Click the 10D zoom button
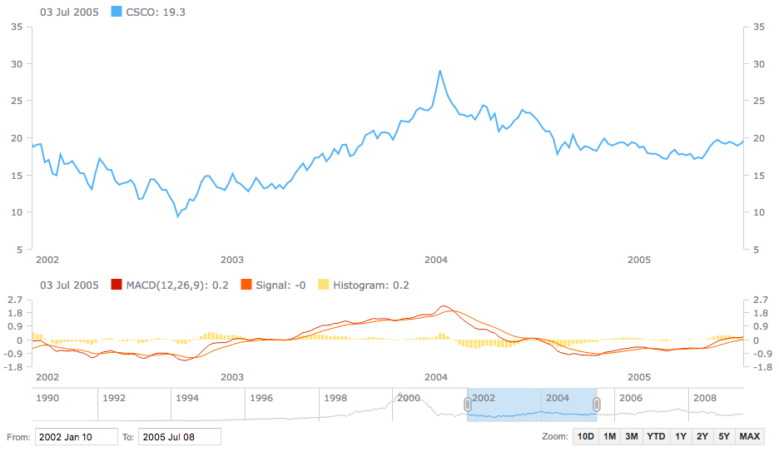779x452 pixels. [586, 437]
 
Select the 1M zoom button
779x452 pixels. [610, 437]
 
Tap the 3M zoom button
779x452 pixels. [632, 437]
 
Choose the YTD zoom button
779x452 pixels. [656, 437]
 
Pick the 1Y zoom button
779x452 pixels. [681, 437]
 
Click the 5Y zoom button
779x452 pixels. [724, 437]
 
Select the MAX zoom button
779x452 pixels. [749, 437]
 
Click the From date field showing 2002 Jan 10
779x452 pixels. [77, 437]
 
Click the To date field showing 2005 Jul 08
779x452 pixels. [180, 437]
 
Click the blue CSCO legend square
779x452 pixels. [117, 12]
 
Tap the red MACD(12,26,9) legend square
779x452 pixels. [117, 286]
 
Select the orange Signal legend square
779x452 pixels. [246, 286]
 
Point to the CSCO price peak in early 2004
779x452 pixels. [440, 71]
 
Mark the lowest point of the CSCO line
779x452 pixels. [177, 216]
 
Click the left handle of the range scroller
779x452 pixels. [467, 405]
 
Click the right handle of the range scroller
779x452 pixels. [597, 405]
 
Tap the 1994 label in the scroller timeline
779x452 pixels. [187, 398]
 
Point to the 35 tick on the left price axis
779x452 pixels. [16, 27]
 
